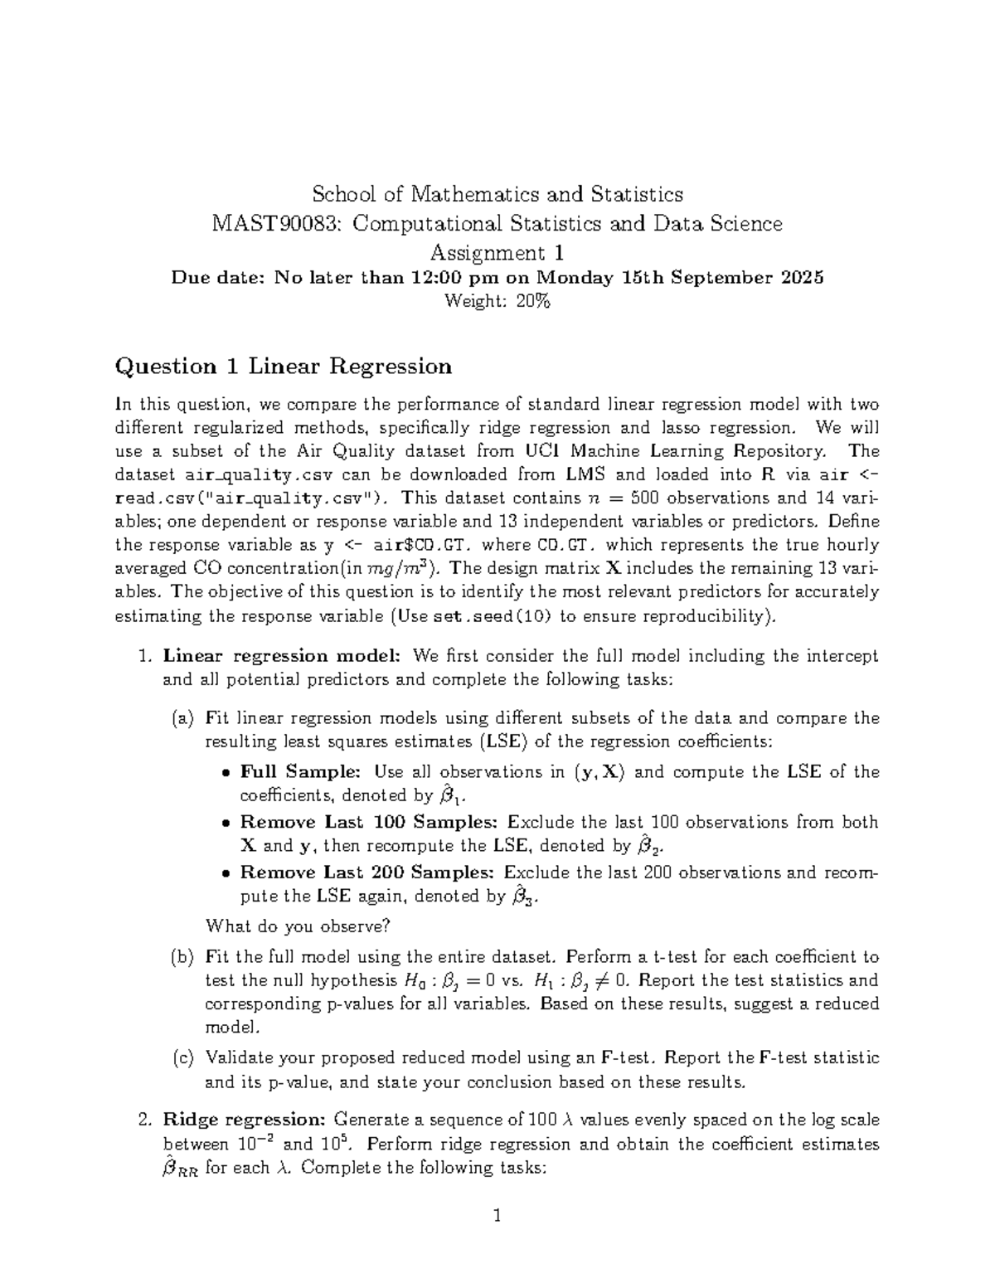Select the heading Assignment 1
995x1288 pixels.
pos(497,252)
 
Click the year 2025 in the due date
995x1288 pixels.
pos(803,278)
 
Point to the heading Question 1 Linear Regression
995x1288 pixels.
pos(284,366)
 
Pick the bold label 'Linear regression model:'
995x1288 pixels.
pos(282,656)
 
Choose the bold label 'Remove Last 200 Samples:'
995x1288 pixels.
pos(367,872)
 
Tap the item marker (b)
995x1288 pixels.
pos(182,957)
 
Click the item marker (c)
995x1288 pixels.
pos(182,1058)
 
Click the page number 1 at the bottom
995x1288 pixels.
pos(497,1217)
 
